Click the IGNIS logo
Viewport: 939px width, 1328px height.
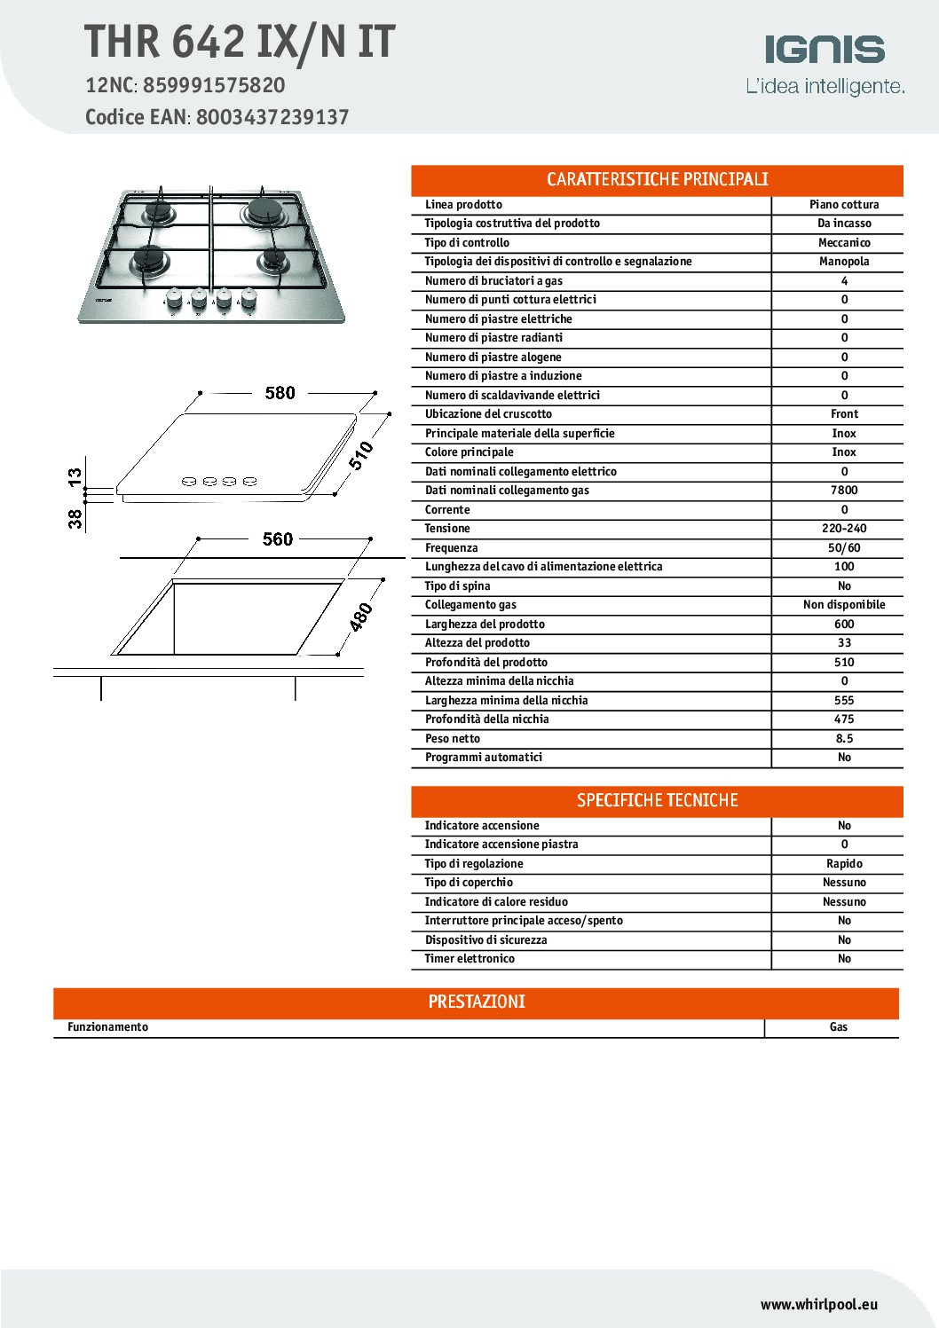825,51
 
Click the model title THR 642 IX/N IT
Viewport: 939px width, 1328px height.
240,42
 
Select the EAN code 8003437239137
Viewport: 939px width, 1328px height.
272,117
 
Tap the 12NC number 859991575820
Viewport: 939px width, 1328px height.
214,85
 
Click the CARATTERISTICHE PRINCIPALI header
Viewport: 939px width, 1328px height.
657,180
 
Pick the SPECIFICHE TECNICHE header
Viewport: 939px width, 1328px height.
657,801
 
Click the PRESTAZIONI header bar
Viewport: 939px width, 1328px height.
477,1002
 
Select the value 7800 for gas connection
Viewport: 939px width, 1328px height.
844,491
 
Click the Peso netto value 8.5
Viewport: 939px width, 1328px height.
844,739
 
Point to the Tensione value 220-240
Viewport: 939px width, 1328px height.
844,529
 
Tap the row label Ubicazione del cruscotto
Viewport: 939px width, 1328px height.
488,414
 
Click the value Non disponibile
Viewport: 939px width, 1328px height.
844,605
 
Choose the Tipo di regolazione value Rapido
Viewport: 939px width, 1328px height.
844,864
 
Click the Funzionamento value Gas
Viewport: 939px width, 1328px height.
838,1027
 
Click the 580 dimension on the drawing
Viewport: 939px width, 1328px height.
280,393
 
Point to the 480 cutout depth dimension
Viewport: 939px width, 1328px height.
361,617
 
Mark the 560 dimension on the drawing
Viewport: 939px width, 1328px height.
278,539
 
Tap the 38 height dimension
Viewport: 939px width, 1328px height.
75,518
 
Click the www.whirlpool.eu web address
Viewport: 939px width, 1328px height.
818,1304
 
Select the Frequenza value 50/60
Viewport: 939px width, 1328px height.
844,548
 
